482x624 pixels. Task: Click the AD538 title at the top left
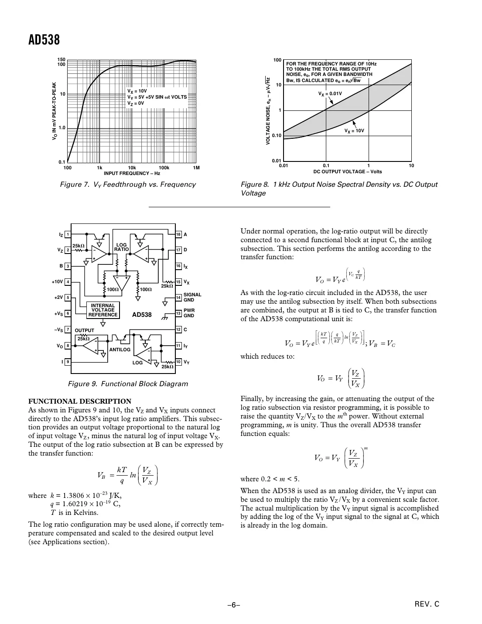tap(44, 40)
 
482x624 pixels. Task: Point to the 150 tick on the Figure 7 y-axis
tap(61, 60)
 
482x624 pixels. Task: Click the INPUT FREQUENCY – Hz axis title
tap(132, 173)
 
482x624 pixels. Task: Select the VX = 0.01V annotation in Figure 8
tap(330, 93)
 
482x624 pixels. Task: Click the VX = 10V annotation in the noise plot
tap(354, 130)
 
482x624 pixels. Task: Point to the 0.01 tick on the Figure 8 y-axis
tap(276, 161)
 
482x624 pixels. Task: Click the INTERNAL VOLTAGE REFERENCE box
tap(103, 310)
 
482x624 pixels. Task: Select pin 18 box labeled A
tap(178, 235)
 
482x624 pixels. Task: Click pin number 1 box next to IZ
tap(68, 235)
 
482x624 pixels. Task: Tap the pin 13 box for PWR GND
tap(178, 313)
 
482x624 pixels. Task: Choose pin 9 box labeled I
tap(68, 362)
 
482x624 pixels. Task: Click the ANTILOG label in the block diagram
tap(120, 350)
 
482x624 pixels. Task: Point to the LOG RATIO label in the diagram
tap(122, 247)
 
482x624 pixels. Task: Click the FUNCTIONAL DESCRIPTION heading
tap(79, 401)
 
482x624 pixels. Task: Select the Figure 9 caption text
tap(128, 384)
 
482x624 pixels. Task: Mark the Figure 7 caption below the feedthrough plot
tap(128, 185)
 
